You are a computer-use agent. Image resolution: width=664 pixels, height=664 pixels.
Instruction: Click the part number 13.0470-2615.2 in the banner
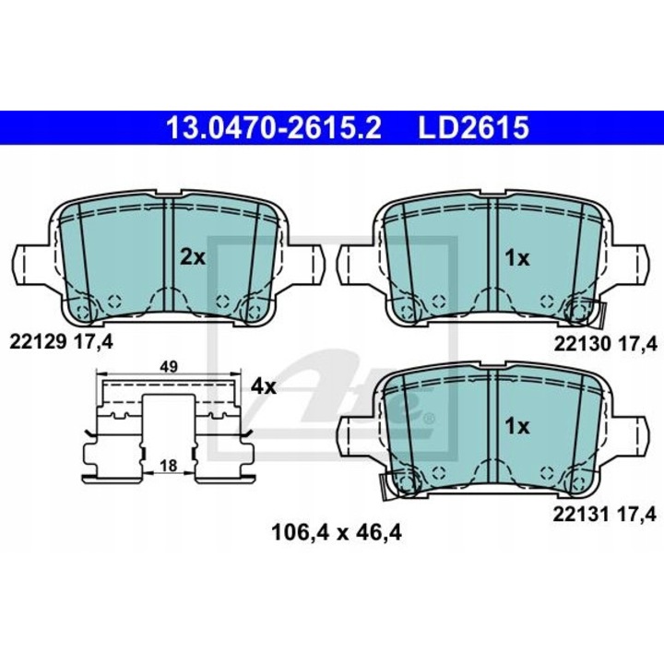pos(274,127)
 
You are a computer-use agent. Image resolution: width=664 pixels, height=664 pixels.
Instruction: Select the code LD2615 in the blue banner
pos(474,127)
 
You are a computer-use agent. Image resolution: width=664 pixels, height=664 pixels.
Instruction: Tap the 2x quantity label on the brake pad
pos(193,257)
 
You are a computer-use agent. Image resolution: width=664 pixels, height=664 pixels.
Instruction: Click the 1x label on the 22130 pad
pos(517,258)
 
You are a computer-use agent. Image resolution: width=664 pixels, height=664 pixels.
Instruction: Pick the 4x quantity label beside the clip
pos(264,386)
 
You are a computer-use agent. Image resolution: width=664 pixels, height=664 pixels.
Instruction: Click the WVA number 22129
pos(39,342)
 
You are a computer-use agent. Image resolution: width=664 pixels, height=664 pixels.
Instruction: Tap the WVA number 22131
pos(582,515)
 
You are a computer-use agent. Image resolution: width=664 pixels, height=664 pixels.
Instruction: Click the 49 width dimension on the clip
pos(169,367)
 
